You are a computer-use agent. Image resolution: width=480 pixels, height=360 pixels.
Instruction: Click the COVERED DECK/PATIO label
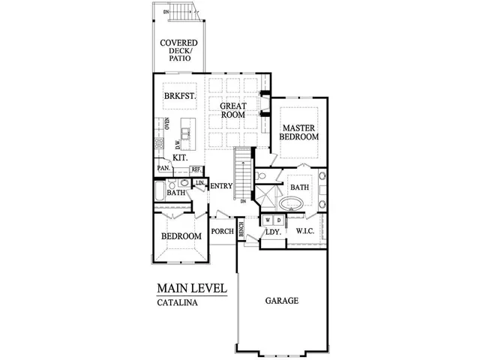tap(179, 50)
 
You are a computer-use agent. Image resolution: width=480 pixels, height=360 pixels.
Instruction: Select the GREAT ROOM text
tap(233, 111)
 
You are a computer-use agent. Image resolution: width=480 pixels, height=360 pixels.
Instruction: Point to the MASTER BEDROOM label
tap(299, 132)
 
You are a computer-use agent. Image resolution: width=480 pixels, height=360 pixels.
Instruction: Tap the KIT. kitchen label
tap(180, 158)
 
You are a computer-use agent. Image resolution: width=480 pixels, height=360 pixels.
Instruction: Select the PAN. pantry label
tap(163, 169)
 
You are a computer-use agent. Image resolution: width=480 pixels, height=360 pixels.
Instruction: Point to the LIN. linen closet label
tap(199, 183)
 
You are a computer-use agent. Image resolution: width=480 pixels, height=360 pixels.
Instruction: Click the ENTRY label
tap(222, 186)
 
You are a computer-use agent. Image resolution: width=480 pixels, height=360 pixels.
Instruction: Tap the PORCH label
tap(223, 231)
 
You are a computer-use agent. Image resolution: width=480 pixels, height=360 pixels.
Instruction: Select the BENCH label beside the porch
tap(241, 231)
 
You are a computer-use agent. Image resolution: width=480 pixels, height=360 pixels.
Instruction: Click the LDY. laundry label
tap(273, 232)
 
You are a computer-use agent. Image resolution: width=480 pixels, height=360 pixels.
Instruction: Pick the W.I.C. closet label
tap(304, 231)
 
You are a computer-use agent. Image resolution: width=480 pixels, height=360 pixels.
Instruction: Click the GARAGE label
tap(282, 301)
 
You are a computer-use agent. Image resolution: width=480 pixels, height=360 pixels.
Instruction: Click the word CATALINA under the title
tap(177, 304)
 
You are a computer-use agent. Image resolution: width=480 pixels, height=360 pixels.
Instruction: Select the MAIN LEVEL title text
tap(191, 288)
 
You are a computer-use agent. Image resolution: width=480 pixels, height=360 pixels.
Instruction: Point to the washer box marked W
tap(267, 220)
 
